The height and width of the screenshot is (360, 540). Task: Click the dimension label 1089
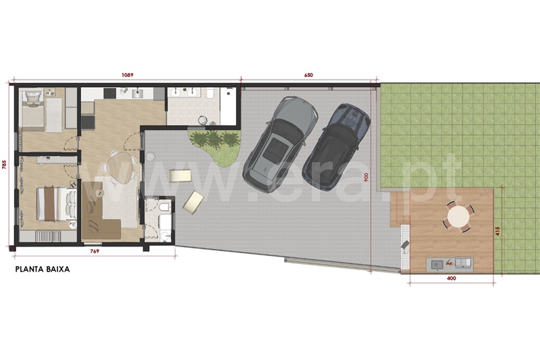click(x=128, y=75)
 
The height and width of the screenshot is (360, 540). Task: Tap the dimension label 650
click(x=308, y=75)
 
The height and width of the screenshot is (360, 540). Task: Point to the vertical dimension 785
click(x=4, y=165)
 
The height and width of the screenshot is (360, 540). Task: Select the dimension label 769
click(x=94, y=251)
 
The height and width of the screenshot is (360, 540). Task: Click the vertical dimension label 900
click(x=366, y=177)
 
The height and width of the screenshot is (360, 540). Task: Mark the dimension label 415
click(x=497, y=231)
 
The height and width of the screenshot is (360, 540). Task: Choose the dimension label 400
click(x=451, y=278)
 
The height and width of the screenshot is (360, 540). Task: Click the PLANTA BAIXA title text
click(x=43, y=269)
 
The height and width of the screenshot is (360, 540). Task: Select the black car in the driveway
click(x=335, y=147)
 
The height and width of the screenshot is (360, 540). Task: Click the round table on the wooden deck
click(x=458, y=217)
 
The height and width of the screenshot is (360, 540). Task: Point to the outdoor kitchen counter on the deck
click(x=450, y=264)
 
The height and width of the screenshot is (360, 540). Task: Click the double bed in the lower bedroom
click(x=56, y=203)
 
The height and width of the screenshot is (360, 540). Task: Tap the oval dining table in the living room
click(x=120, y=168)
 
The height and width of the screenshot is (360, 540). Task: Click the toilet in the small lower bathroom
click(x=165, y=207)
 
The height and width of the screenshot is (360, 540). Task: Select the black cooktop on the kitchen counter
click(x=110, y=93)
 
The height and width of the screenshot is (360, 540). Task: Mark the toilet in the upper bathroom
click(x=211, y=94)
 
